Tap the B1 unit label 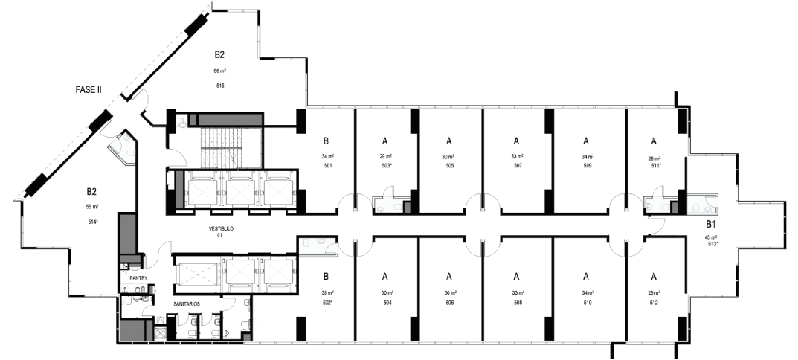coord(711,224)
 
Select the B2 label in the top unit coord(220,54)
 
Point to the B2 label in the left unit coord(92,190)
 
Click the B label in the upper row coord(326,140)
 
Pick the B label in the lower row coord(326,275)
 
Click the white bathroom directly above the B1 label coord(703,202)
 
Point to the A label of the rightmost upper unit coord(654,140)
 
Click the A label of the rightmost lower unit coord(654,275)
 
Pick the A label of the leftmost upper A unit coord(385,140)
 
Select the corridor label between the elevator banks coord(221,230)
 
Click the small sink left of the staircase coord(181,121)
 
